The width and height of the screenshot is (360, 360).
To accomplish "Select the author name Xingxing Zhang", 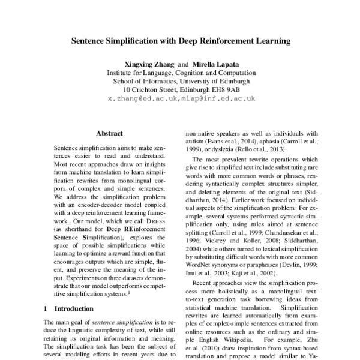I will pyautogui.click(x=149, y=63).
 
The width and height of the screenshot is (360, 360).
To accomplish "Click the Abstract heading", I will pyautogui.click(x=109, y=134).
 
